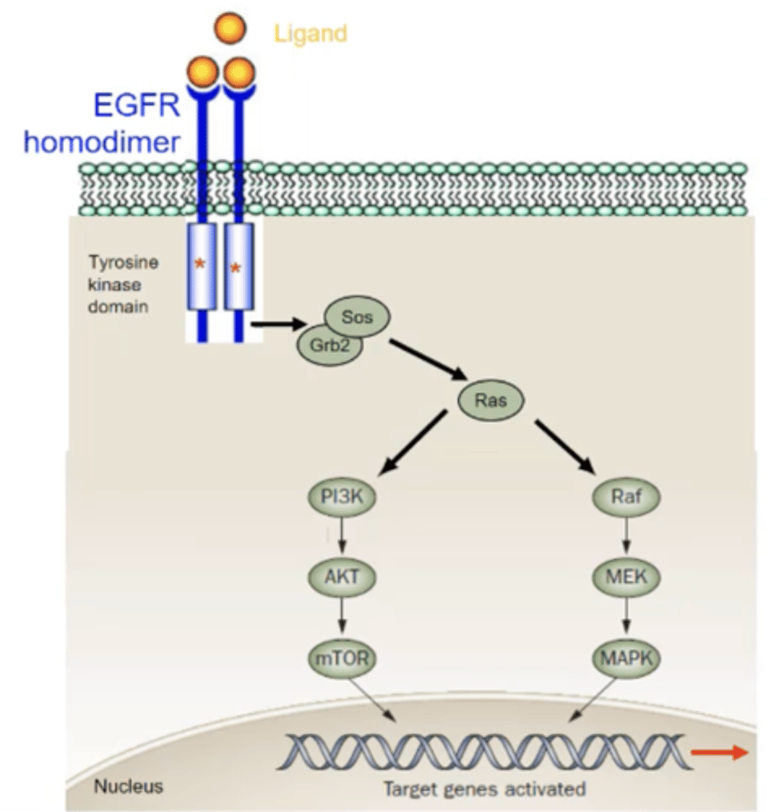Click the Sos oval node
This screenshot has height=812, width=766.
coord(357,317)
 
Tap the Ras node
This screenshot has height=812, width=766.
coord(491,400)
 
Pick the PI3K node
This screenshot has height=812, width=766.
coord(342,497)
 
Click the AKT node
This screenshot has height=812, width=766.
coord(342,577)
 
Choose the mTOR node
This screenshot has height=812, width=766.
coord(342,658)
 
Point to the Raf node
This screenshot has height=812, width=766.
coord(626,497)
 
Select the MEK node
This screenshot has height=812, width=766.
coord(626,577)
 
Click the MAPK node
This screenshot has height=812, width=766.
coord(626,658)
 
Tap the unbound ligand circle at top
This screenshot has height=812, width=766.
coord(229,29)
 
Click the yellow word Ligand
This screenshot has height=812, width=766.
coord(310,33)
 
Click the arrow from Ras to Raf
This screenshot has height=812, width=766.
coord(565,447)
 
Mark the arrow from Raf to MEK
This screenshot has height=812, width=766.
coord(626,537)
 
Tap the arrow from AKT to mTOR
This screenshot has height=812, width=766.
coord(342,617)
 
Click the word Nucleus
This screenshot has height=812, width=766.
coord(128,786)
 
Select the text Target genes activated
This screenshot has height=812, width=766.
coord(484,789)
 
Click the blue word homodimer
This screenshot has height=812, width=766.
coord(102,142)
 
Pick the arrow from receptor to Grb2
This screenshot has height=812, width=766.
coord(277,325)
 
